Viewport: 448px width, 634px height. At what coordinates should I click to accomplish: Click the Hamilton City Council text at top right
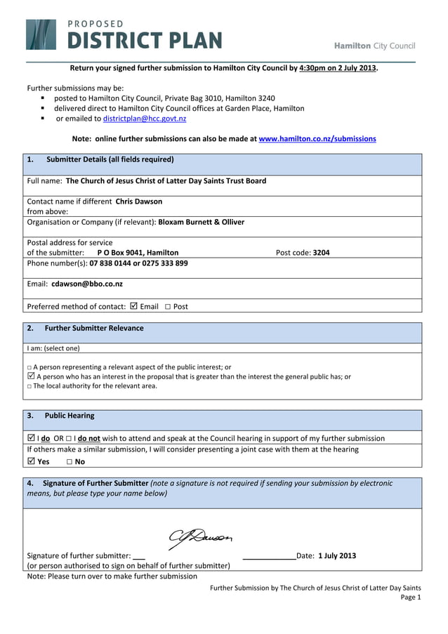[374, 46]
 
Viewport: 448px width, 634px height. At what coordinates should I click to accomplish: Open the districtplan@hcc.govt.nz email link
[145, 119]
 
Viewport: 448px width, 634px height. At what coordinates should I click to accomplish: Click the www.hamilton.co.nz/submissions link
[317, 139]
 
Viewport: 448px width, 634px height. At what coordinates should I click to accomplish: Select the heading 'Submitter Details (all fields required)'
[110, 159]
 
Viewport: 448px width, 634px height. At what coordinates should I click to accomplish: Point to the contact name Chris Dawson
[139, 202]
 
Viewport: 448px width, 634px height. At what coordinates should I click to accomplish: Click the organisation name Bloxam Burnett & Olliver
[202, 222]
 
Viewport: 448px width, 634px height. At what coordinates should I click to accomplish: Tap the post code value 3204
[321, 253]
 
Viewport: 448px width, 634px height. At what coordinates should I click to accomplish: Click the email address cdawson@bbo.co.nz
[87, 284]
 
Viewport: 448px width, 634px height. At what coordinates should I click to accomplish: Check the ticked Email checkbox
[134, 306]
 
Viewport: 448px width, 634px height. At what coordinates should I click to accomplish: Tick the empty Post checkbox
[168, 307]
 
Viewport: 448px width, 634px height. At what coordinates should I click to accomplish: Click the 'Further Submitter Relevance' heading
[94, 328]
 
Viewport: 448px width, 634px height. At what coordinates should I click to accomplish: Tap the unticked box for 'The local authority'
[29, 386]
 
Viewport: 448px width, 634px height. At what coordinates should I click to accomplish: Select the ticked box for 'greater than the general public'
[30, 376]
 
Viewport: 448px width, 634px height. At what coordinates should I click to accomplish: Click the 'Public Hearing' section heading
[70, 416]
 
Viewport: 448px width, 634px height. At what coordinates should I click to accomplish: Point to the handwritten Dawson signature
[200, 538]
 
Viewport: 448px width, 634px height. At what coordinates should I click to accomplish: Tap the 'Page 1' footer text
[410, 597]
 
